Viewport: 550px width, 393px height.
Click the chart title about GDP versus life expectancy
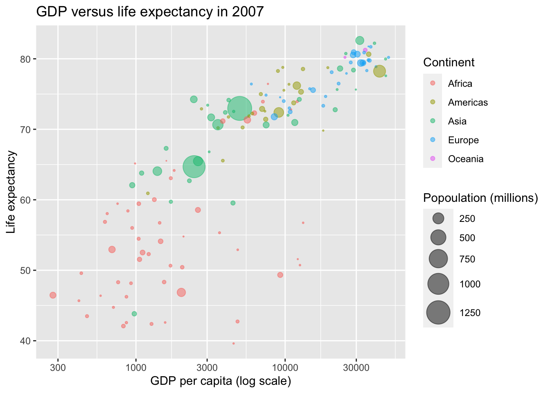pyautogui.click(x=150, y=12)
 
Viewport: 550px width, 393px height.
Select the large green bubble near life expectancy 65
pyautogui.click(x=194, y=167)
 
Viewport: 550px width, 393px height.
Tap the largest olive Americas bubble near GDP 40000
pyautogui.click(x=379, y=71)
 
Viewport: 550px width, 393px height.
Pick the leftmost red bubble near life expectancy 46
pyautogui.click(x=53, y=295)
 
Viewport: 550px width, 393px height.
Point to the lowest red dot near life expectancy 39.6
pyautogui.click(x=233, y=343)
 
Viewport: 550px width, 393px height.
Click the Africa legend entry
pyautogui.click(x=460, y=84)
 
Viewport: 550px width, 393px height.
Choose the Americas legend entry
pyautogui.click(x=467, y=102)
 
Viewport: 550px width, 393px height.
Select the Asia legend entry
pyautogui.click(x=457, y=121)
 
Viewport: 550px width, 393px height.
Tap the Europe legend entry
pyautogui.click(x=463, y=140)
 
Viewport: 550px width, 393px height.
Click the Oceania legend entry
pyautogui.click(x=465, y=159)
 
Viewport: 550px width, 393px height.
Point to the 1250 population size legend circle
pyautogui.click(x=438, y=313)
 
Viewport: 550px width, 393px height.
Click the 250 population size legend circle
pyautogui.click(x=438, y=219)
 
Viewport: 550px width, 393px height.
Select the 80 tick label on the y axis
pyautogui.click(x=25, y=59)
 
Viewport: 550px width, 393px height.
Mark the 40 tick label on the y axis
pyautogui.click(x=25, y=341)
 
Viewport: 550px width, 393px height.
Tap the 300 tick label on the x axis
pyautogui.click(x=58, y=367)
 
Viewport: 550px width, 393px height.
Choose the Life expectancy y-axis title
pyautogui.click(x=11, y=192)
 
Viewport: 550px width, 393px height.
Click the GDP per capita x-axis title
pyautogui.click(x=221, y=382)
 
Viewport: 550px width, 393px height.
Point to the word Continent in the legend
pyautogui.click(x=449, y=63)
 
